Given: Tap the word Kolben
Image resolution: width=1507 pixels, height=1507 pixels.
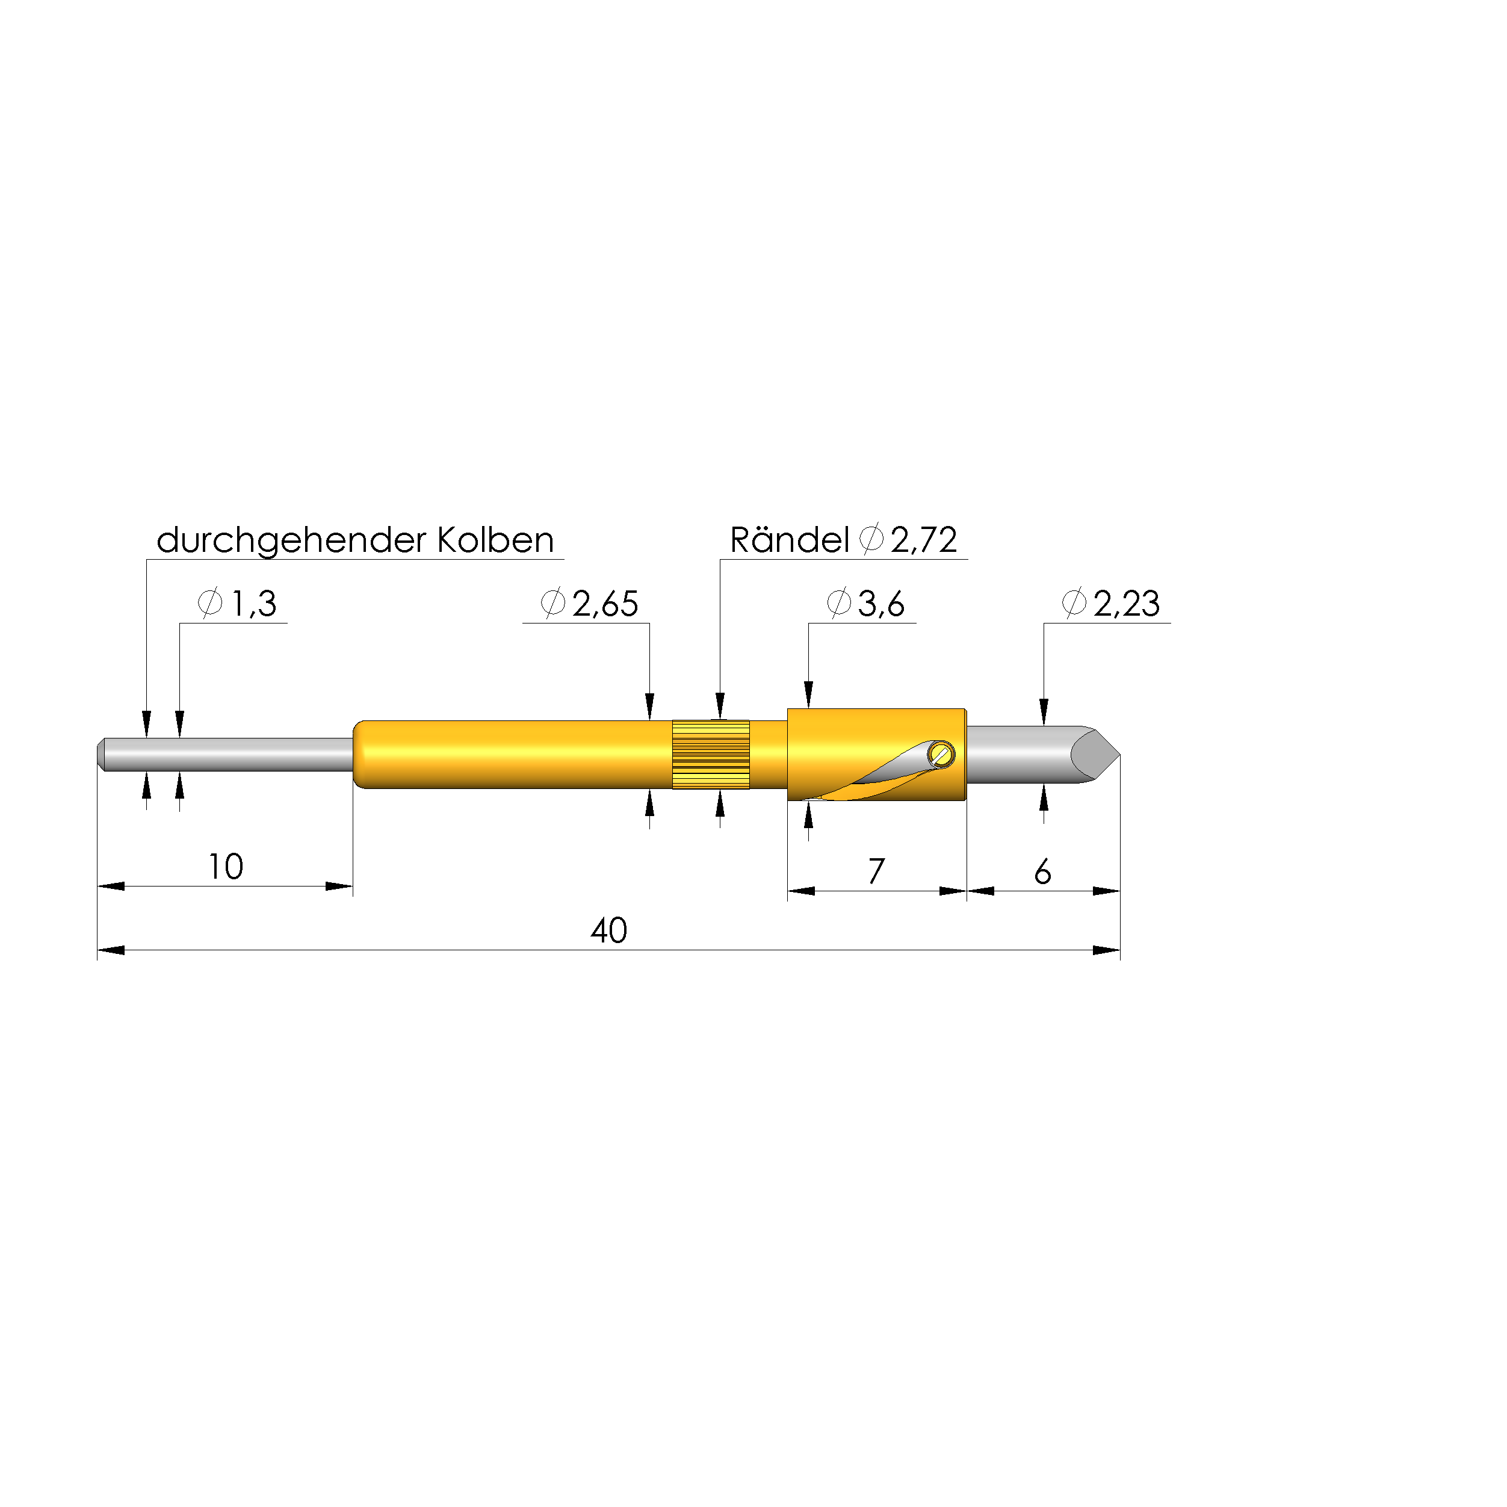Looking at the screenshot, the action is tap(495, 540).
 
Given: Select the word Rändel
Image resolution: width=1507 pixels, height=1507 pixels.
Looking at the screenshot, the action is tap(790, 539).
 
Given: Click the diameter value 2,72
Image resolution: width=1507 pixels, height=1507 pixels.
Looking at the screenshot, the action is tap(924, 540).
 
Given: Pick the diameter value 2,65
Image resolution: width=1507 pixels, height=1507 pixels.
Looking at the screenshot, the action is tap(605, 604).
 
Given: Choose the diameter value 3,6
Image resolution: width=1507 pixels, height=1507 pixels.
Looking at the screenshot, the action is tap(882, 604).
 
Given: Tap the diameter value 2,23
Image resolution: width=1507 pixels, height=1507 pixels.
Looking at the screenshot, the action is tap(1127, 604).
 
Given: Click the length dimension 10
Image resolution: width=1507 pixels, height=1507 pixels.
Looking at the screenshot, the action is tap(226, 867).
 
